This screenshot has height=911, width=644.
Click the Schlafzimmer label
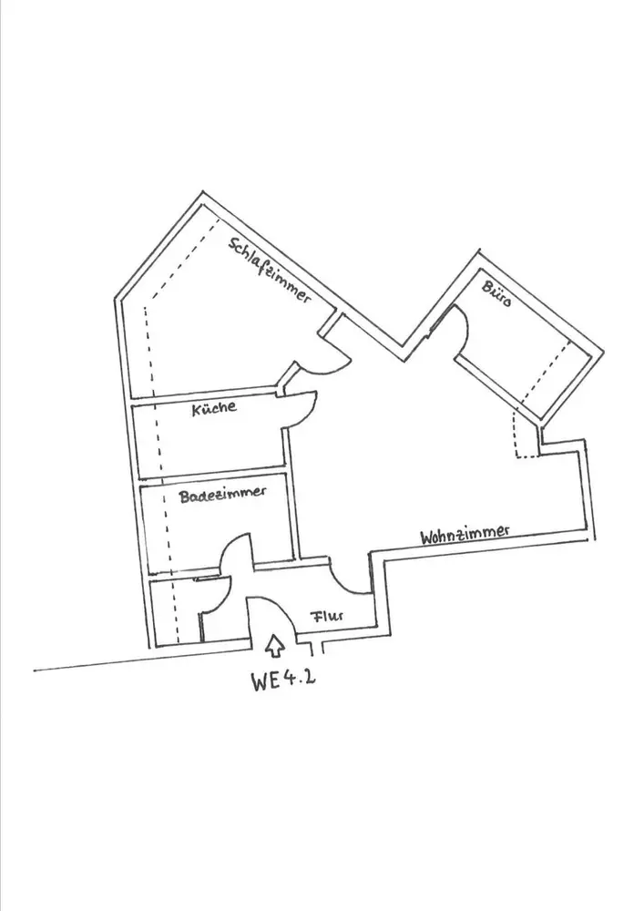point(271,270)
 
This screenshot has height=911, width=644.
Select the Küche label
point(214,409)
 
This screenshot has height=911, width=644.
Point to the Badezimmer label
point(222,494)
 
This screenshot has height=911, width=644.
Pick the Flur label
point(327,616)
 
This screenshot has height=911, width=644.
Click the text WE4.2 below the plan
point(283,681)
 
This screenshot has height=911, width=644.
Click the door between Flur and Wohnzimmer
point(351,577)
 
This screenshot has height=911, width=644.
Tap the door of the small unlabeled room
point(211,598)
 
